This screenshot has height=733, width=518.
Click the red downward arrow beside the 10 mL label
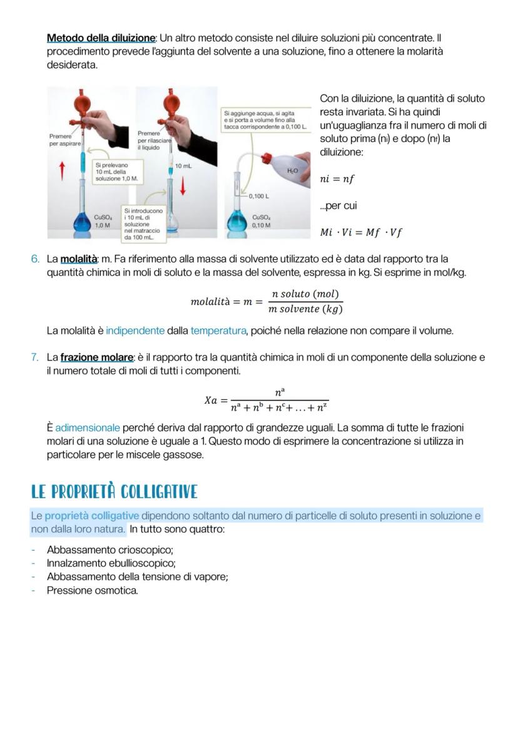pos(183,185)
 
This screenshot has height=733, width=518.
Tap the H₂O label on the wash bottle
pos(292,170)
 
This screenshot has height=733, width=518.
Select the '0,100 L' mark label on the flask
pos(258,196)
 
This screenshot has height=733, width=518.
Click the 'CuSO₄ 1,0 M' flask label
pos(103,221)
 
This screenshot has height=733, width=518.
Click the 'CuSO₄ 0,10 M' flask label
pos(261,221)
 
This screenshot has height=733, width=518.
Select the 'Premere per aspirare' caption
pos(64,140)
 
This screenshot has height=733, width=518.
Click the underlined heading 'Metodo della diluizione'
pos(101,38)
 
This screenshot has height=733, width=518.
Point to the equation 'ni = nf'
pos(337,179)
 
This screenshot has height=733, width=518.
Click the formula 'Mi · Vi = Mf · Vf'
pos(361,233)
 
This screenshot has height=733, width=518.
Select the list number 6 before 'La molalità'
pos(36,259)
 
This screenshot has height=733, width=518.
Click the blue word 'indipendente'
pos(135,331)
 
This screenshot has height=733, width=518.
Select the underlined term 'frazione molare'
pos(97,357)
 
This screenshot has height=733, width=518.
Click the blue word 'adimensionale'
pos(88,428)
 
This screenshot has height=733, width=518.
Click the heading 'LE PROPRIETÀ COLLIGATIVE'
pos(114,492)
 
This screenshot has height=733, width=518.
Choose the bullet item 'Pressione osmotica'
pos(92,590)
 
